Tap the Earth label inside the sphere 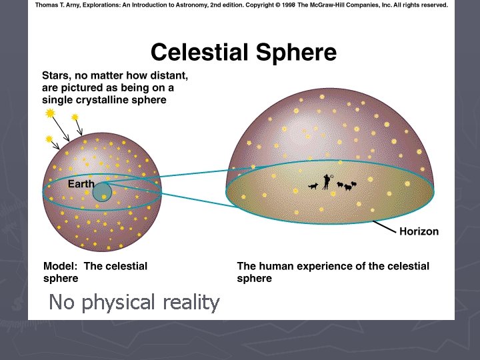point(81,184)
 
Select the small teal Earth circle point(102,193)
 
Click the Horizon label point(419,231)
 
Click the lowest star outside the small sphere point(49,139)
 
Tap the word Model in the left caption point(60,266)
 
